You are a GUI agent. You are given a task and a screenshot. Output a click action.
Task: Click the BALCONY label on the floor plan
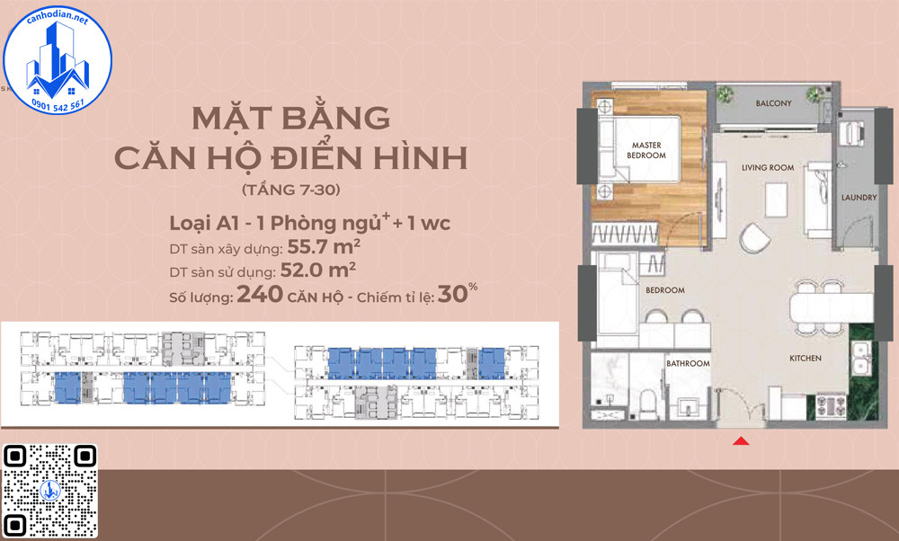(x=773, y=103)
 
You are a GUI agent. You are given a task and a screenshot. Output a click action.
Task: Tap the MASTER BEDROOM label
(x=646, y=150)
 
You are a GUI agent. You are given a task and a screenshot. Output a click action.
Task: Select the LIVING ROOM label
(x=768, y=168)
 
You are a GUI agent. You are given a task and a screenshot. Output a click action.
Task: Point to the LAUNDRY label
(x=859, y=198)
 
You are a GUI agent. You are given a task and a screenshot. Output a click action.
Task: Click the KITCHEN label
(x=805, y=359)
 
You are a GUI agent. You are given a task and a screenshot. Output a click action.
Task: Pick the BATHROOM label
(x=688, y=363)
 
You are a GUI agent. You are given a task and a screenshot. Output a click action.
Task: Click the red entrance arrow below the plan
(x=741, y=440)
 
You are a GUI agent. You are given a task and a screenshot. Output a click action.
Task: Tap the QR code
(x=49, y=491)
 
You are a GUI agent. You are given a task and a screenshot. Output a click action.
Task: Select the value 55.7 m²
(x=324, y=247)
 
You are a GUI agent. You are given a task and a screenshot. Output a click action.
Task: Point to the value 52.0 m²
(x=318, y=270)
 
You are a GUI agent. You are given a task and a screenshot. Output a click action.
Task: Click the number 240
(x=260, y=294)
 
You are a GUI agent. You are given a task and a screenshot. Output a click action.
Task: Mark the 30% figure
(x=457, y=294)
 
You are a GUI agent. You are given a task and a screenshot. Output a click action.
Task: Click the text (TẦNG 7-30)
(x=291, y=190)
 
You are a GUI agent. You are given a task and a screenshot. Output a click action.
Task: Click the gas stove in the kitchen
(x=831, y=406)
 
